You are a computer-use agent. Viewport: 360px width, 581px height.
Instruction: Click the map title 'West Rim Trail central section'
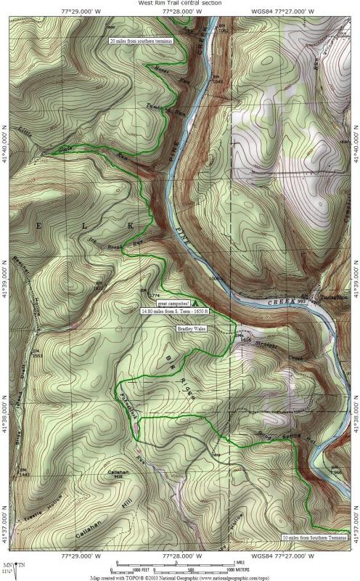coord(180,3)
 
